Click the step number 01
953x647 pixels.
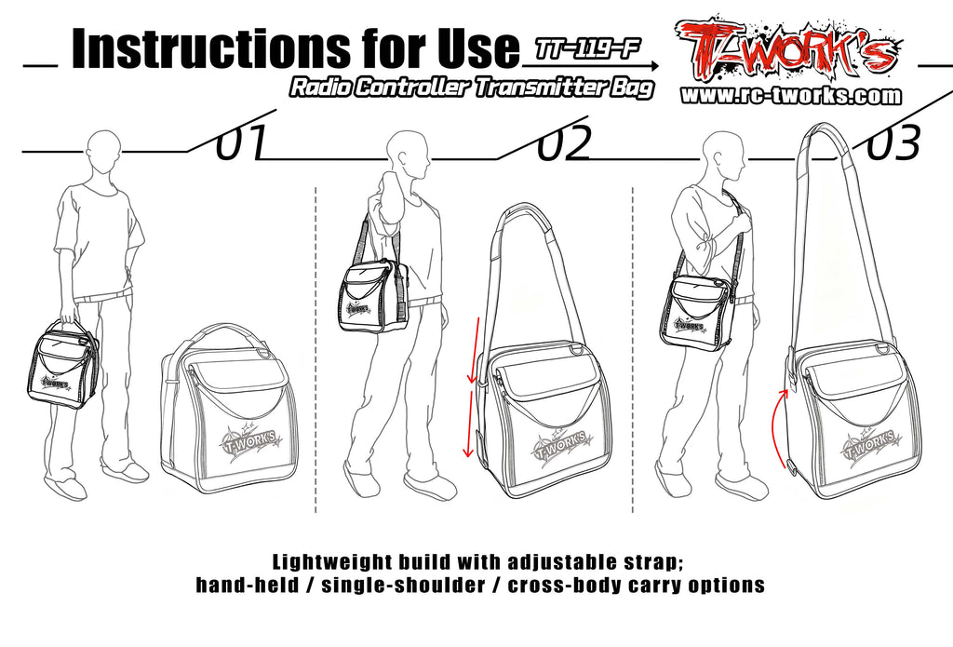(242, 143)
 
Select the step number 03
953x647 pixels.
(893, 143)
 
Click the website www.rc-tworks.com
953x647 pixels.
(791, 96)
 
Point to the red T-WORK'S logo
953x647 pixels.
(787, 51)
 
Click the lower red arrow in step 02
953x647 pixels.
(470, 424)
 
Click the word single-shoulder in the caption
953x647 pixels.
(404, 586)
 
